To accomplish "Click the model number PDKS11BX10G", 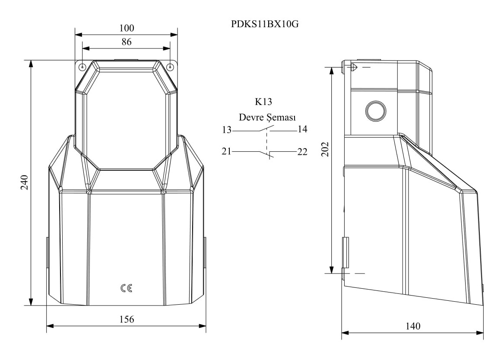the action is pyautogui.click(x=265, y=24).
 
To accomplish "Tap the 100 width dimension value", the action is pyautogui.click(x=127, y=29).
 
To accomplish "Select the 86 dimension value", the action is pyautogui.click(x=127, y=42).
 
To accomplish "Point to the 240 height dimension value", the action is pyautogui.click(x=25, y=182).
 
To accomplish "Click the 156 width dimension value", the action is pyautogui.click(x=127, y=319).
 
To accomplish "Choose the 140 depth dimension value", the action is pyautogui.click(x=413, y=326).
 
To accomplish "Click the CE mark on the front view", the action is pyautogui.click(x=126, y=288).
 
